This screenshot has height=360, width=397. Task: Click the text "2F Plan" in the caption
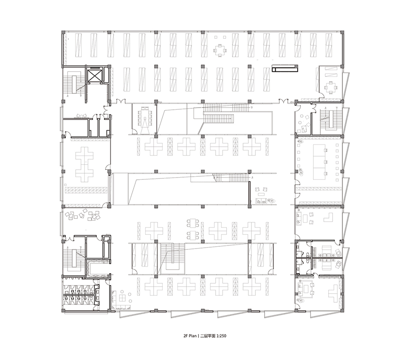tap(190, 336)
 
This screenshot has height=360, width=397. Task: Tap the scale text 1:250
tap(221, 336)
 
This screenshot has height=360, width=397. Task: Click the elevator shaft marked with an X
tap(94, 75)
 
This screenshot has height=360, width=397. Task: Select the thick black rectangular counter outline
tap(285, 68)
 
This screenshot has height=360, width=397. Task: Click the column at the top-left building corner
tap(64, 32)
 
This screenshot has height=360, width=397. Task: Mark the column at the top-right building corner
tap(342, 32)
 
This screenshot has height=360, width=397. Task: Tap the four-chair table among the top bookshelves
tap(220, 50)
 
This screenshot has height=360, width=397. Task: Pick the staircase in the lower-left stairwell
tap(74, 258)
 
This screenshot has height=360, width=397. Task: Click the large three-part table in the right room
tap(319, 162)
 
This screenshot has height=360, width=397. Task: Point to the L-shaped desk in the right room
tap(329, 218)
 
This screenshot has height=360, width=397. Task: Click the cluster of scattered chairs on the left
tap(82, 215)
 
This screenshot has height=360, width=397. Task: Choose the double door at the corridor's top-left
tap(121, 101)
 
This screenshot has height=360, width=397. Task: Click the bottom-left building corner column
tap(64, 311)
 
